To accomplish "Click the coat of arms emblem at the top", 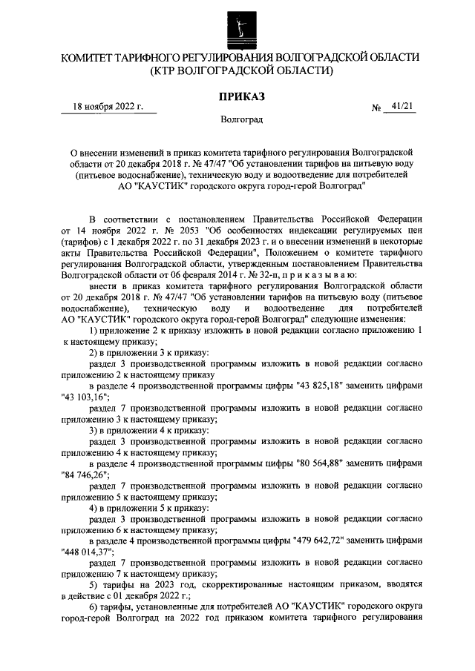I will tap(237, 27).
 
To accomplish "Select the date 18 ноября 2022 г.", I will tap(108, 107).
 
